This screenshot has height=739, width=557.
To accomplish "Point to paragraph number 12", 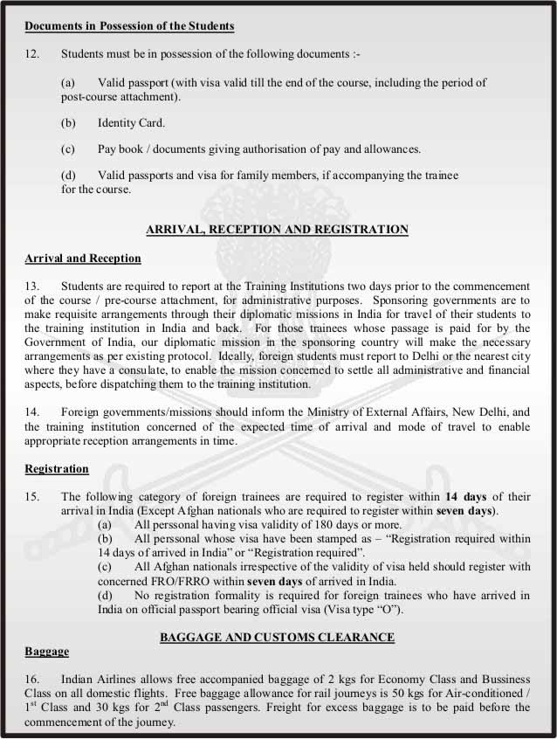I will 31,54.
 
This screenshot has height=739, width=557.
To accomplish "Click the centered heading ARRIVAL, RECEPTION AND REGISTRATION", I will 277,230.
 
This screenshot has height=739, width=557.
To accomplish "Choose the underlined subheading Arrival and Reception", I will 83,259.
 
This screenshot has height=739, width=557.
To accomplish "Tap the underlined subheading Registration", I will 57,469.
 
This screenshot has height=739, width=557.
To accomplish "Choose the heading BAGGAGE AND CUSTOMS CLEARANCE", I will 277,638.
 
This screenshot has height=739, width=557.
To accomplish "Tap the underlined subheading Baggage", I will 47,652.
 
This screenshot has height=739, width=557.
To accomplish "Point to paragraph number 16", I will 31,680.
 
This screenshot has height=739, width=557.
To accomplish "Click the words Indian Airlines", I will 101,680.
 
